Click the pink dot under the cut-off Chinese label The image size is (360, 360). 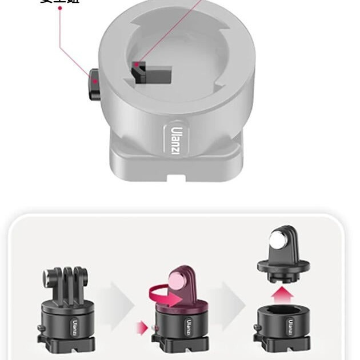click(x=59, y=9)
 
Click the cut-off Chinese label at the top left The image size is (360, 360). click(x=59, y=2)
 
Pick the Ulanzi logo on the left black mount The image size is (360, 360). click(x=74, y=326)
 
